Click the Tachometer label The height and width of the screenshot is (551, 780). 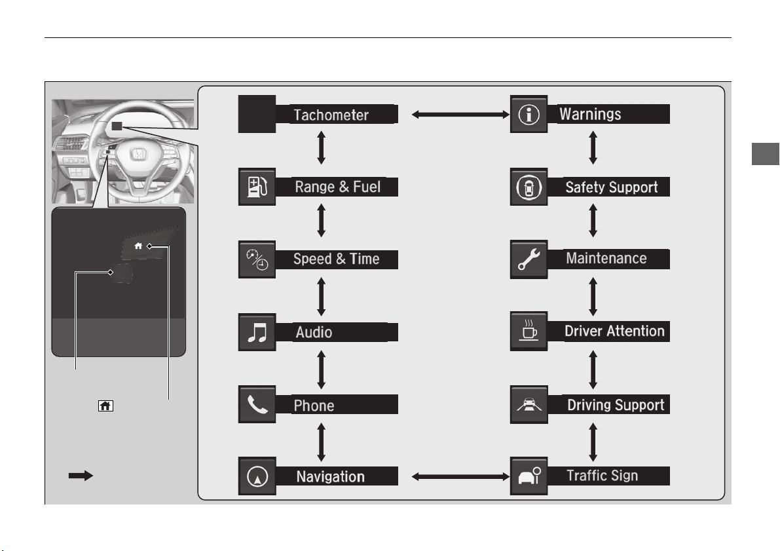[x=331, y=115]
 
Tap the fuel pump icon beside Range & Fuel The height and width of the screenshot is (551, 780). [x=257, y=187]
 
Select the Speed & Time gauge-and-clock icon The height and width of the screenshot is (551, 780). [x=257, y=259]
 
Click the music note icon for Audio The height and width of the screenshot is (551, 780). [x=257, y=332]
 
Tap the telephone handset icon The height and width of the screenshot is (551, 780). [x=257, y=404]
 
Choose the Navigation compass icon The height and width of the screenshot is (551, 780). [x=257, y=476]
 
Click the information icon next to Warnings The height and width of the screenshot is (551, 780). [x=529, y=114]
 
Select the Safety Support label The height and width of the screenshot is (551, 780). [x=612, y=187]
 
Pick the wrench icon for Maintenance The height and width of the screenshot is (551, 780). [x=529, y=259]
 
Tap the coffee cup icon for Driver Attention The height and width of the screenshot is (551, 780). [x=529, y=331]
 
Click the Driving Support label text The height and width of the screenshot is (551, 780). [x=616, y=405]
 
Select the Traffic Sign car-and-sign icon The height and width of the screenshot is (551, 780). [x=529, y=476]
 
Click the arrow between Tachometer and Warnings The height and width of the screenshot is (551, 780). [x=460, y=115]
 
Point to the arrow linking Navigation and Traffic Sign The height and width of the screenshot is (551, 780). [x=460, y=477]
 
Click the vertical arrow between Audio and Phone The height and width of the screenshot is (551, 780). [x=322, y=370]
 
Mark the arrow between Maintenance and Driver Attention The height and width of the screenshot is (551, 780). [x=593, y=297]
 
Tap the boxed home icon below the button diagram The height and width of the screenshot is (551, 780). [x=105, y=406]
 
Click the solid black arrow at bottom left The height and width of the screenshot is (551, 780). [x=81, y=476]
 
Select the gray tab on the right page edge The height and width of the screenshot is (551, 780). [x=766, y=154]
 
